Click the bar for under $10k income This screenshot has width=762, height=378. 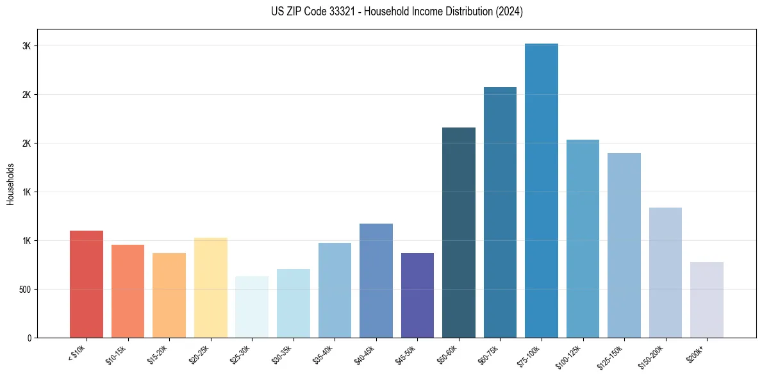pyautogui.click(x=87, y=284)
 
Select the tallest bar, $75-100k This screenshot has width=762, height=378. pyautogui.click(x=542, y=190)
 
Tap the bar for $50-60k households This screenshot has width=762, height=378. pyautogui.click(x=459, y=233)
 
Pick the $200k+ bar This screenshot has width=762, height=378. pyautogui.click(x=707, y=300)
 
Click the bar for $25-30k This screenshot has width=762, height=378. pyautogui.click(x=252, y=307)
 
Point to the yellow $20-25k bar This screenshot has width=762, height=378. pyautogui.click(x=211, y=288)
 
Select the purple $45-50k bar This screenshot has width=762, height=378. pyautogui.click(x=417, y=295)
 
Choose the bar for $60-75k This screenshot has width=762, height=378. pyautogui.click(x=500, y=212)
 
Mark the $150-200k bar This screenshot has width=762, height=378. pyautogui.click(x=665, y=272)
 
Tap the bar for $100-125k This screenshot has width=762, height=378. pyautogui.click(x=583, y=238)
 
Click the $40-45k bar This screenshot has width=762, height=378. pyautogui.click(x=376, y=281)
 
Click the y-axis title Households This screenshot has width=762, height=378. pyautogui.click(x=11, y=183)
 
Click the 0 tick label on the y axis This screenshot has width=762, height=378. pyautogui.click(x=29, y=338)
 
